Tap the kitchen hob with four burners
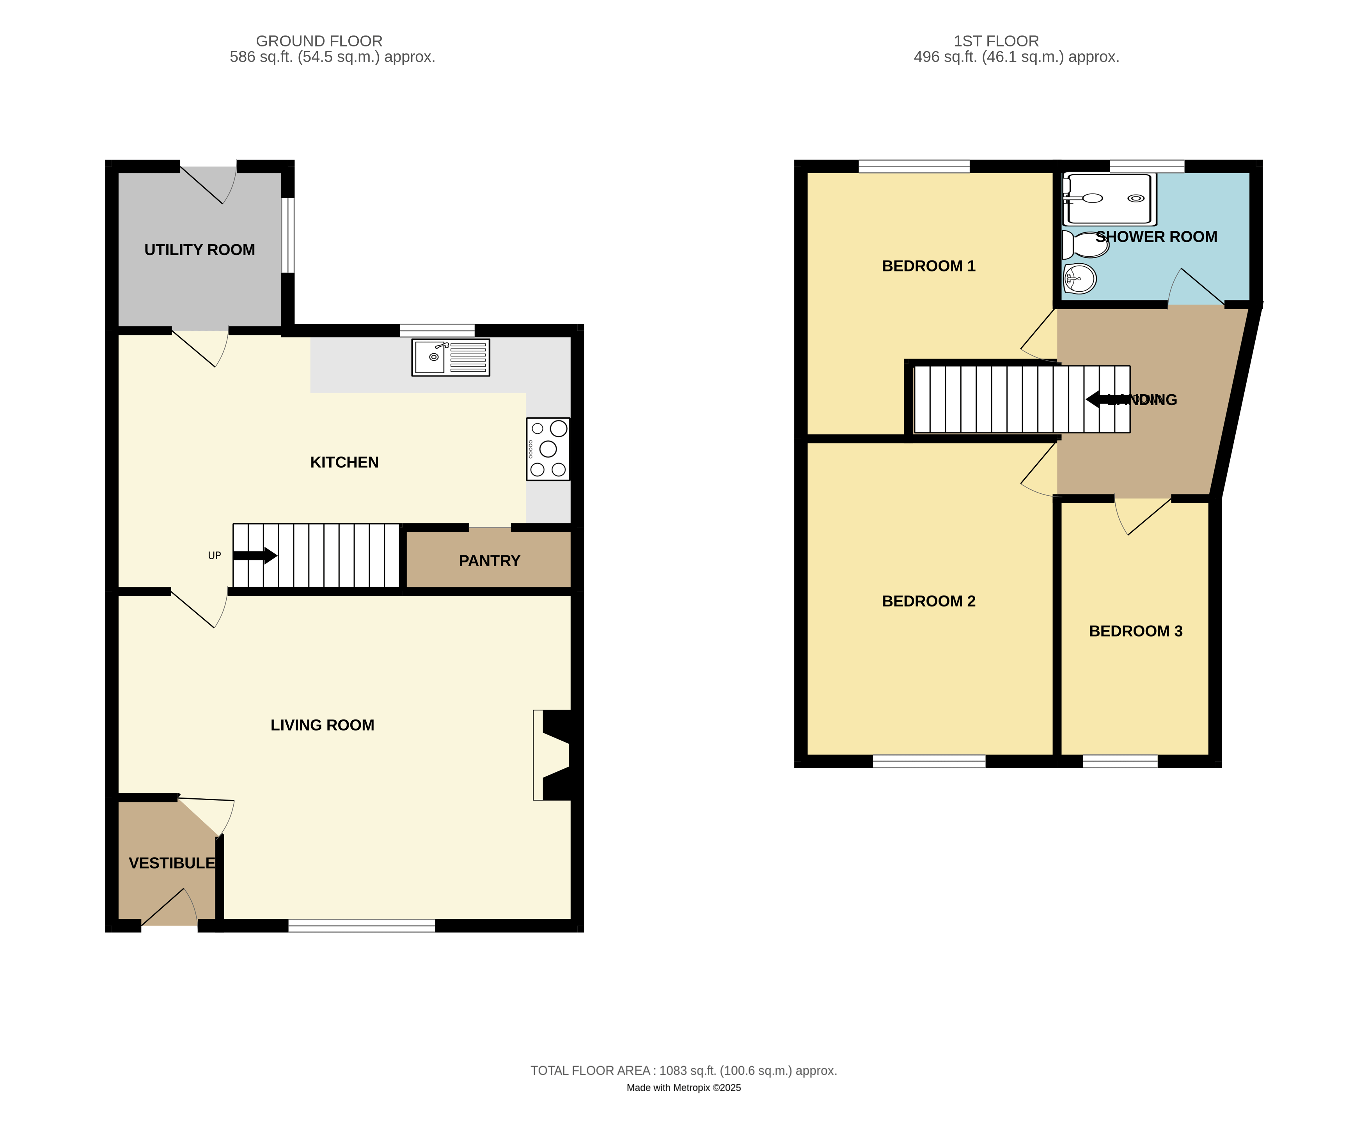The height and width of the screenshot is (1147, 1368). click(x=548, y=449)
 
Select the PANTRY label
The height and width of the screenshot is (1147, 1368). click(x=489, y=561)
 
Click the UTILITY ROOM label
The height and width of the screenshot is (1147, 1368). click(x=199, y=250)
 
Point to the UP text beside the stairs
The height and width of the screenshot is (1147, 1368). click(x=214, y=556)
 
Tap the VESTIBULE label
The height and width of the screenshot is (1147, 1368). click(x=172, y=863)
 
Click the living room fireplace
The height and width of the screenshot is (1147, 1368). click(x=552, y=755)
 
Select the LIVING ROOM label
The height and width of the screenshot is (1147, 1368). click(x=323, y=725)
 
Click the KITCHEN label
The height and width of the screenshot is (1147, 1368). click(x=344, y=463)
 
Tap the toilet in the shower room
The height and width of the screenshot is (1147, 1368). click(x=1085, y=245)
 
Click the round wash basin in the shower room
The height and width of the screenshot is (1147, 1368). click(x=1079, y=279)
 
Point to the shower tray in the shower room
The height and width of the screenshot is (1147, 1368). click(x=1109, y=199)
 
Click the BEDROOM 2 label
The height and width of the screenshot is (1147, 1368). click(x=928, y=601)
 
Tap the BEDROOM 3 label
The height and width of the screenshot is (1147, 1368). click(x=1136, y=631)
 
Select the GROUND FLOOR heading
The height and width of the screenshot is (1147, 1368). click(x=319, y=41)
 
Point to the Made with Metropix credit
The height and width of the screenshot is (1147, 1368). click(x=684, y=1088)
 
